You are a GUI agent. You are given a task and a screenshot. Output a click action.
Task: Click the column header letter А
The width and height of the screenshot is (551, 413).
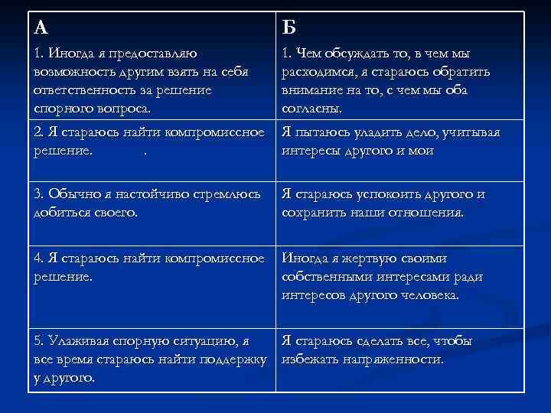[41, 28]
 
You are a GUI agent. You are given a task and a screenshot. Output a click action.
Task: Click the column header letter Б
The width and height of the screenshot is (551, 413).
[289, 28]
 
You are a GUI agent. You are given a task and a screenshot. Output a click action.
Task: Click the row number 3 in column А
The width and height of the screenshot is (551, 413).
[38, 194]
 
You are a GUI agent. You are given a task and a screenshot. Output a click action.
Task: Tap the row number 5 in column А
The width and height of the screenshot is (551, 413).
[38, 340]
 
